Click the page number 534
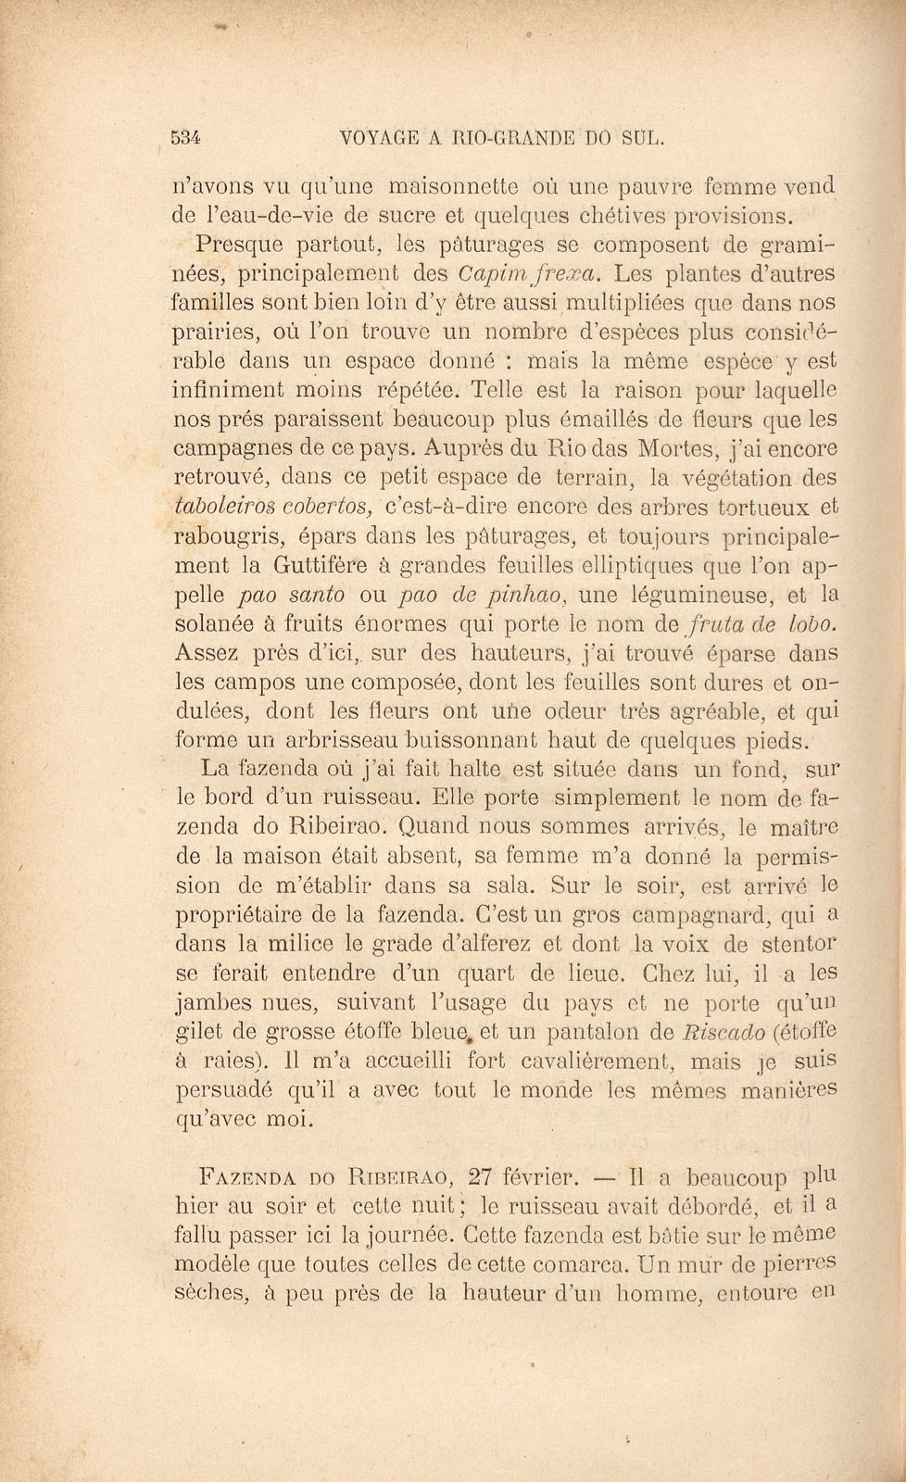pyautogui.click(x=187, y=138)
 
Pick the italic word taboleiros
pyautogui.click(x=222, y=507)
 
